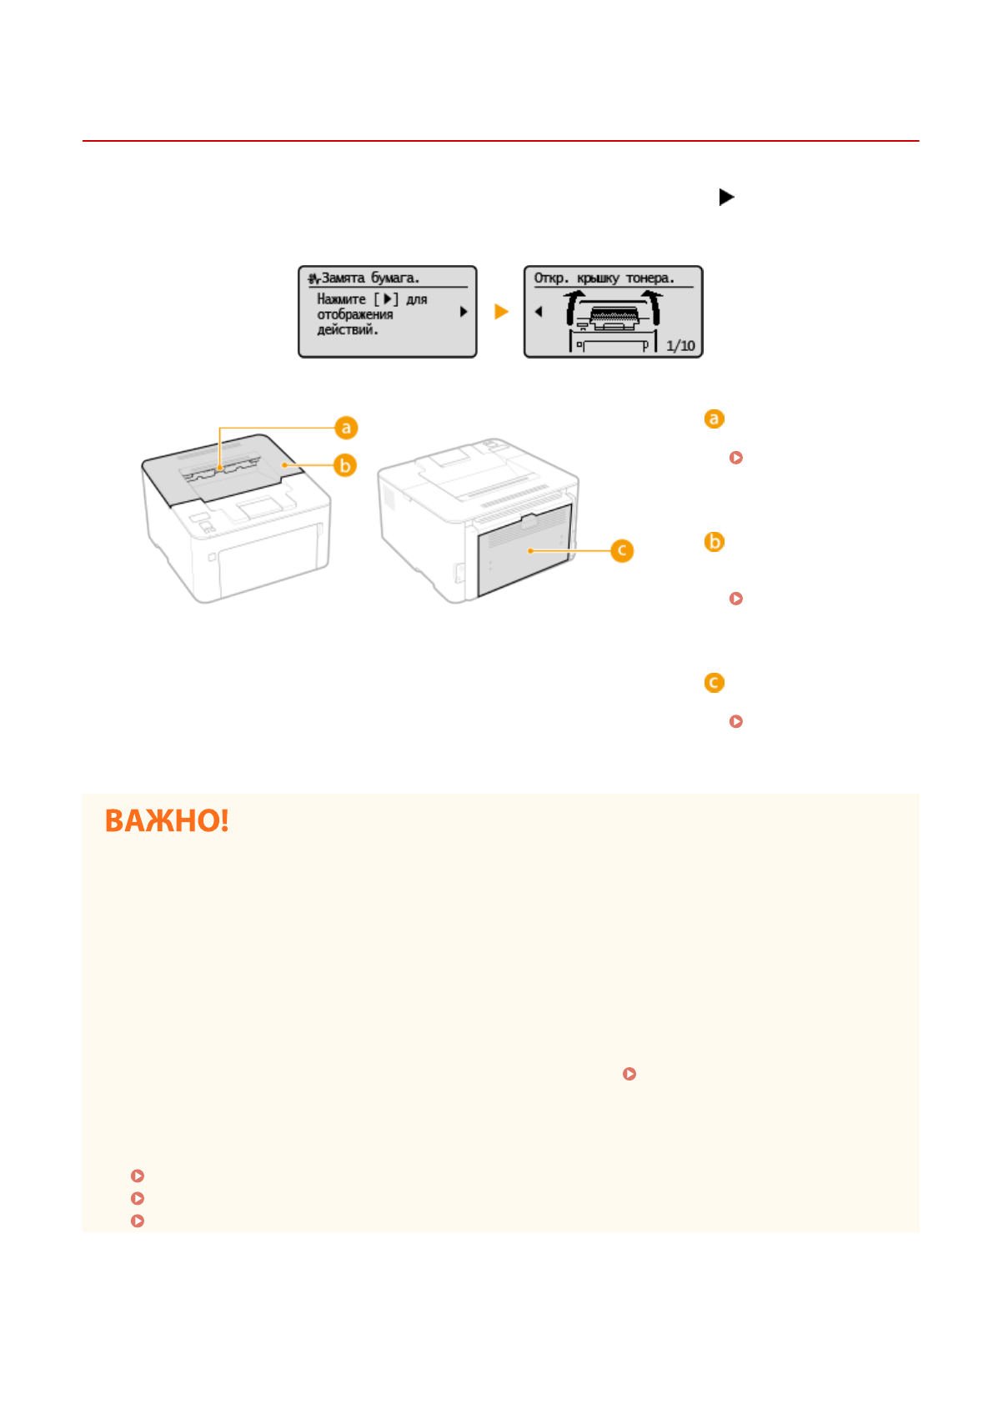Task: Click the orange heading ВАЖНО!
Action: pyautogui.click(x=167, y=821)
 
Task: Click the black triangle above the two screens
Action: pyautogui.click(x=726, y=198)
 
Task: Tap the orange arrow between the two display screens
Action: pyautogui.click(x=501, y=312)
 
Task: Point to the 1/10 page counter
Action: pyautogui.click(x=680, y=346)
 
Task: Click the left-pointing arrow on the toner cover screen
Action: pyautogui.click(x=539, y=312)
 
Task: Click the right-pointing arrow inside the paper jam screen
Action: pyautogui.click(x=464, y=312)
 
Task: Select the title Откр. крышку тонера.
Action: pyautogui.click(x=604, y=278)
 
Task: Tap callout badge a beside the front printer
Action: pyautogui.click(x=346, y=428)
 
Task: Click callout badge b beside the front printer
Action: pyautogui.click(x=345, y=465)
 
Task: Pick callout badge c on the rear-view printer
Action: pyautogui.click(x=622, y=550)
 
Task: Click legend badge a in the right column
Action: pyautogui.click(x=714, y=419)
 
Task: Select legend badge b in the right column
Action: pyautogui.click(x=714, y=542)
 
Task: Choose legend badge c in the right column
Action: pyautogui.click(x=714, y=683)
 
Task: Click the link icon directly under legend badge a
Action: pyautogui.click(x=735, y=458)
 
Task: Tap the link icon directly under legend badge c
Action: pyautogui.click(x=735, y=721)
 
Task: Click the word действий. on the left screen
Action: pyautogui.click(x=348, y=330)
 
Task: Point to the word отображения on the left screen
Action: pyautogui.click(x=355, y=314)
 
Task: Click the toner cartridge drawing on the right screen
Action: pyautogui.click(x=614, y=317)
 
